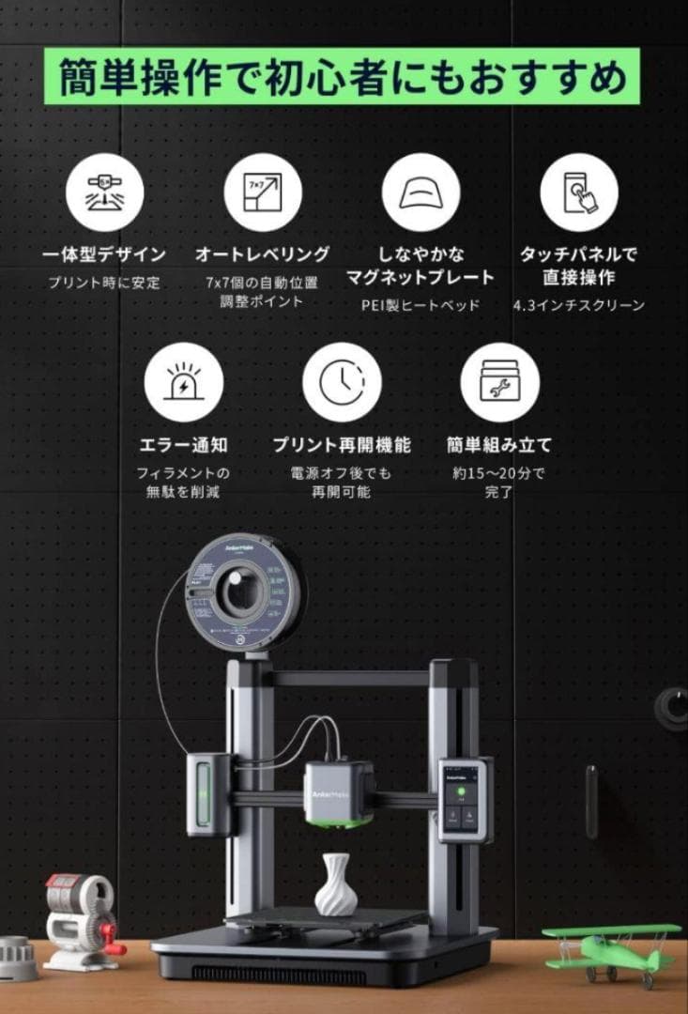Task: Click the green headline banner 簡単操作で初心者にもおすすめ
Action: click(343, 78)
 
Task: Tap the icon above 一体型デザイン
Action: click(104, 192)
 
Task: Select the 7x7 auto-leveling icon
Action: click(262, 192)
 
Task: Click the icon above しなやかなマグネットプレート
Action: click(420, 192)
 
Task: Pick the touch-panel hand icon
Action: click(578, 192)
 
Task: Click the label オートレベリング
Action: click(262, 254)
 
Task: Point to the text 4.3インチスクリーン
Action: click(579, 305)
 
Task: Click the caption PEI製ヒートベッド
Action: click(420, 305)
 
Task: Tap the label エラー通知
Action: click(183, 444)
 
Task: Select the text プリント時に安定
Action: click(104, 282)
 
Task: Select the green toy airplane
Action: click(611, 949)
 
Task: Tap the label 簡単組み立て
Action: click(499, 444)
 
